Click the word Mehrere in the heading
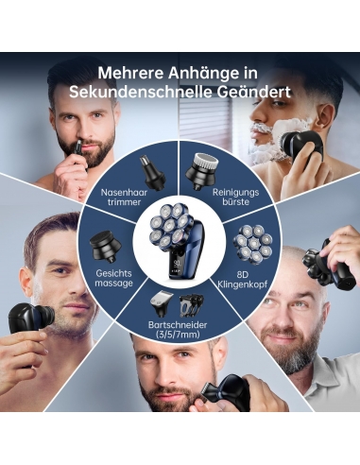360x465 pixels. tap(131, 74)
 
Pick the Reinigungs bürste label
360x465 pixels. tap(236, 197)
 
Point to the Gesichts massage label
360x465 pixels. tap(113, 278)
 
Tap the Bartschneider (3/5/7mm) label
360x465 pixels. tap(178, 329)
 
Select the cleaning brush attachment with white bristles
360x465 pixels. tap(202, 171)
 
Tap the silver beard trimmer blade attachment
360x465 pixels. tap(163, 303)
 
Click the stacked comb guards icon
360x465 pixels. tap(191, 305)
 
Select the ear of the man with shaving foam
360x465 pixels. tap(325, 115)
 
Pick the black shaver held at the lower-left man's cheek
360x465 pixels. tap(30, 322)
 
